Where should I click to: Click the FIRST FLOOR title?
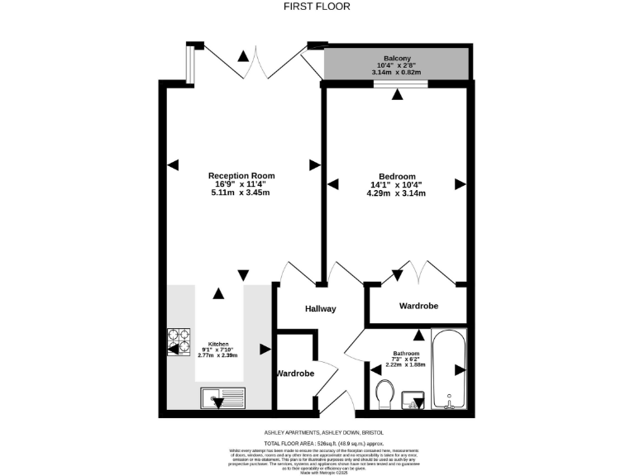click(x=317, y=7)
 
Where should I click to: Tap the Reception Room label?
click(x=241, y=175)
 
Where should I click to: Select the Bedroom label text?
click(x=396, y=176)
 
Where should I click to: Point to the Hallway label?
click(x=320, y=309)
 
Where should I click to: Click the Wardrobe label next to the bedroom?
click(x=418, y=306)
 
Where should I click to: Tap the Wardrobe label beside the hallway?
click(x=295, y=374)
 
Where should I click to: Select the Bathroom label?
click(x=407, y=354)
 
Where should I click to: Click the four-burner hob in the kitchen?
click(x=179, y=342)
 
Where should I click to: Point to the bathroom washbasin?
click(x=414, y=401)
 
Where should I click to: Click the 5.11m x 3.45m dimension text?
click(x=241, y=193)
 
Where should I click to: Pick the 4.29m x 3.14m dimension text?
click(x=396, y=193)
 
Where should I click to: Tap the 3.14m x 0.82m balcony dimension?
click(x=397, y=73)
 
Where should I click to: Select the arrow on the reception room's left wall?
click(x=173, y=165)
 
